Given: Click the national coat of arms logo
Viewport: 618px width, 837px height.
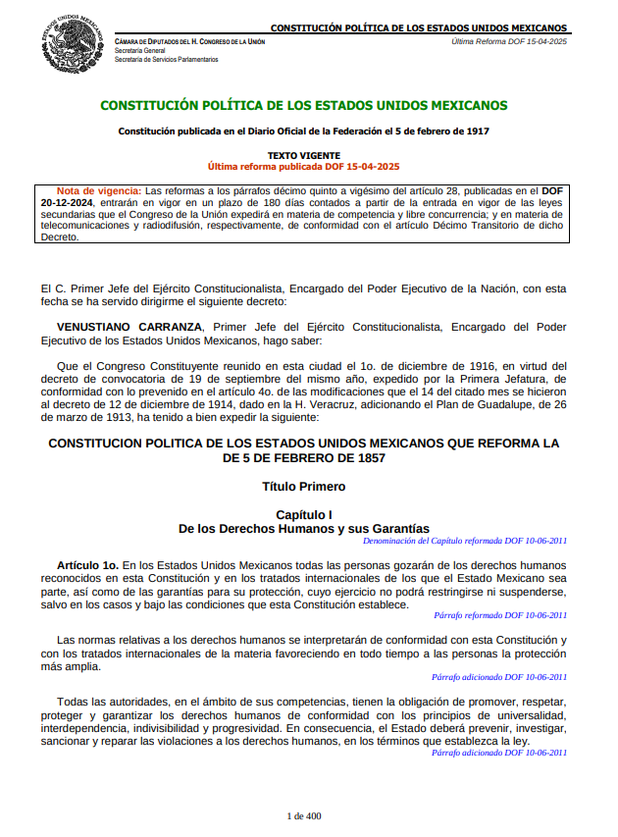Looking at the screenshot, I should coord(71,44).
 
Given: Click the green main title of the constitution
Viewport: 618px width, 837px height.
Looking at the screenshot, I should coord(304,105).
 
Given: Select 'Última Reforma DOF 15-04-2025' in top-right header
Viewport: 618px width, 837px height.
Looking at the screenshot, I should coord(509,42).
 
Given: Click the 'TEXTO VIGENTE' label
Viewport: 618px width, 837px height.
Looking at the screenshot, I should coord(304,156).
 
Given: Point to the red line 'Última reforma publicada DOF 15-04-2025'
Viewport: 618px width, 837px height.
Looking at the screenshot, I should coord(304,167).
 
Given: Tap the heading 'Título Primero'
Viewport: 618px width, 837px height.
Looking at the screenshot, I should coord(304,486).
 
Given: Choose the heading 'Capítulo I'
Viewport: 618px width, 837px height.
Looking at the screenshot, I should coord(304,515).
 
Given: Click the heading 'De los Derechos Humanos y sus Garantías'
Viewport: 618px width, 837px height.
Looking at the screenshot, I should coord(304,529).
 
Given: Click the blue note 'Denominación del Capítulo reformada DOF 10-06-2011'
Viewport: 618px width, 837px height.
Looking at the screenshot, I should coord(464,541).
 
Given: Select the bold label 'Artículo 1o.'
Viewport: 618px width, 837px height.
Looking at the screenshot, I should coord(87,565).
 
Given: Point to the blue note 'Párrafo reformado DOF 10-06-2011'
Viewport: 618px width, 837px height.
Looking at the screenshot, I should coord(500,615).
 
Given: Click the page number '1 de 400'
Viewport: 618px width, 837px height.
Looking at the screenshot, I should coord(304,816).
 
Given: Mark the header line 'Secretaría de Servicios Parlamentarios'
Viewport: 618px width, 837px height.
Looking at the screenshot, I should coord(167,60).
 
